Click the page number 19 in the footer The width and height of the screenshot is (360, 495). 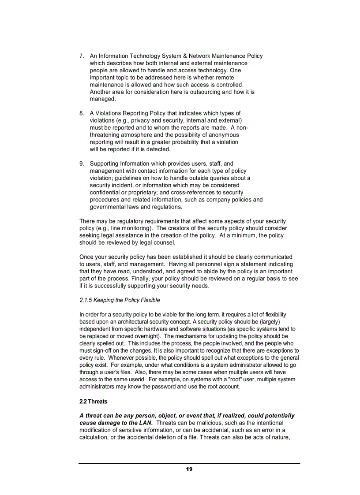189,469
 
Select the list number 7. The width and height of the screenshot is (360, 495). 82,56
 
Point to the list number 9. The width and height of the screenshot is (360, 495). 82,164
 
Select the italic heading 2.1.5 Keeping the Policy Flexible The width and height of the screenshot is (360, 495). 120,300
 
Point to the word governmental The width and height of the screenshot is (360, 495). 108,207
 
